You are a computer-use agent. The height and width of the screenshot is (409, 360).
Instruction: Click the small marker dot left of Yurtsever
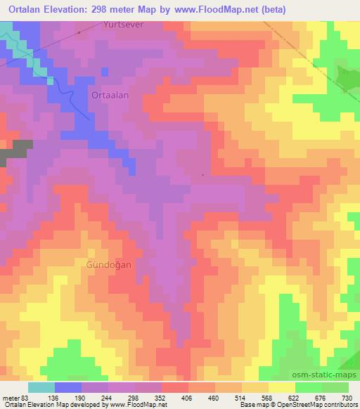[79, 32]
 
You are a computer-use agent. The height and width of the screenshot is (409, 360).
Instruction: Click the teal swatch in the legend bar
[41, 387]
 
